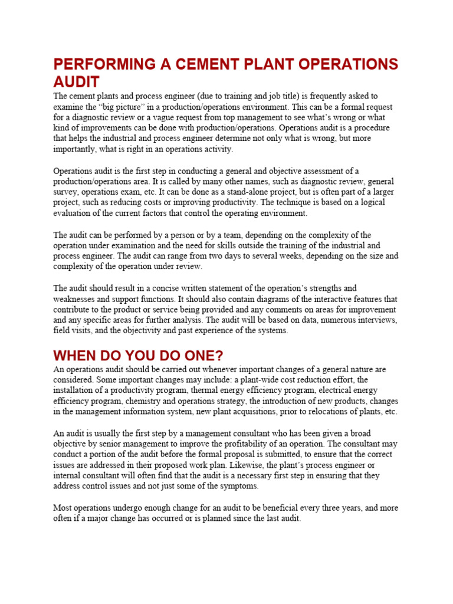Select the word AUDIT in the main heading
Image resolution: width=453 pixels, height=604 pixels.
coord(77,81)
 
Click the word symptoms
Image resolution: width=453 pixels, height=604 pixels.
coord(238,486)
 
